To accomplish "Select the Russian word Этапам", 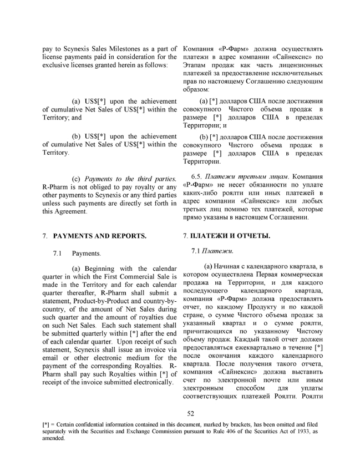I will pyautogui.click(x=195, y=65).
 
